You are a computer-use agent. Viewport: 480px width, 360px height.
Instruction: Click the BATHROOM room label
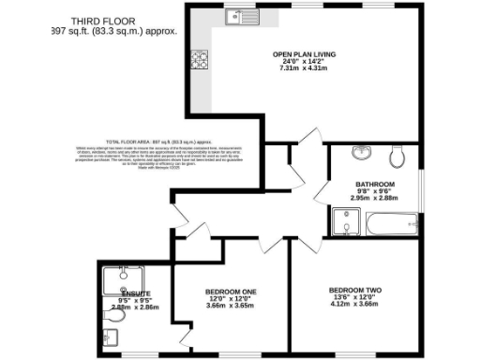click(374, 184)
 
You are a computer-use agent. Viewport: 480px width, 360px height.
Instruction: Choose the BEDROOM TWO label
click(354, 291)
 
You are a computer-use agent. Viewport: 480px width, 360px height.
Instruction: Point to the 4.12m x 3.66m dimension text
click(354, 306)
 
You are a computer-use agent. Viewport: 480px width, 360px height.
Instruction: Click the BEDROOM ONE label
click(231, 292)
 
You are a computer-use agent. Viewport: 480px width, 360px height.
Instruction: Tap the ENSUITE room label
click(135, 294)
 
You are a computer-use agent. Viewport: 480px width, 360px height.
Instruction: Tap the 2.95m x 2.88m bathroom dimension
click(374, 199)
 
